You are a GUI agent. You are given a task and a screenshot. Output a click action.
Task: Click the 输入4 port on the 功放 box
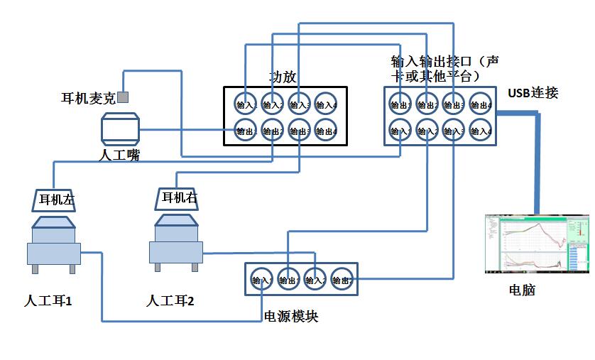tap(326, 104)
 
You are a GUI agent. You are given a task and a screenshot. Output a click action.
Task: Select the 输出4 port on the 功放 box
tap(326, 131)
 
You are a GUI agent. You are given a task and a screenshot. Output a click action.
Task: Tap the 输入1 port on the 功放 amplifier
tap(246, 104)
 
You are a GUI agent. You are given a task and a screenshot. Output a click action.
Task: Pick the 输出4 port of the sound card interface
tap(481, 104)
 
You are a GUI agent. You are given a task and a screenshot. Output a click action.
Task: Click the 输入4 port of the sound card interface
tap(481, 131)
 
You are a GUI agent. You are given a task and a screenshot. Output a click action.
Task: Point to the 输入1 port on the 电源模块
tap(261, 279)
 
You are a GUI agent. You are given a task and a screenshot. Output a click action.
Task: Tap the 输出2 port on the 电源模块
tap(342, 279)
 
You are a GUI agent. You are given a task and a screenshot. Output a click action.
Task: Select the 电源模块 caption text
tap(290, 317)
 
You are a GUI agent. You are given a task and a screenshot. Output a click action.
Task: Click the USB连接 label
tap(533, 92)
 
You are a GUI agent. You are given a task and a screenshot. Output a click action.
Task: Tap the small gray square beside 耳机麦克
tap(123, 97)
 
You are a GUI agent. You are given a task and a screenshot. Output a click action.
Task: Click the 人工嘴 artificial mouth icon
tap(119, 129)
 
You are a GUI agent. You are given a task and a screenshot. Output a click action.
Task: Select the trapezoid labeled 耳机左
tap(55, 200)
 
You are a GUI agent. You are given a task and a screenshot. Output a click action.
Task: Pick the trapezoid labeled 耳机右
tap(178, 198)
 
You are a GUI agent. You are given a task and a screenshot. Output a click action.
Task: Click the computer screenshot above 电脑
tap(537, 244)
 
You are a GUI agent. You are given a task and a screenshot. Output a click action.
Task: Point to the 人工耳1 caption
tap(48, 301)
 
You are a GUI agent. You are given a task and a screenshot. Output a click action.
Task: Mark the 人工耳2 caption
tap(170, 301)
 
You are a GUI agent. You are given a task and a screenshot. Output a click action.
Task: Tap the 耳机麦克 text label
tap(88, 99)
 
